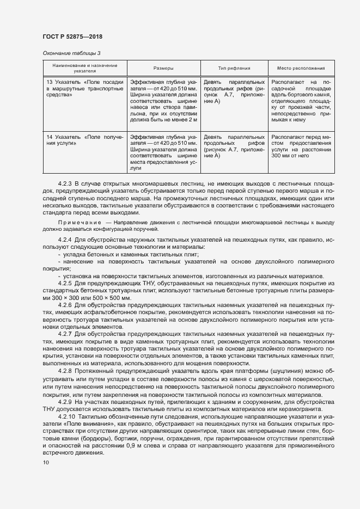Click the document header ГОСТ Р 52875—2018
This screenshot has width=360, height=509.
pyautogui.click(x=72, y=36)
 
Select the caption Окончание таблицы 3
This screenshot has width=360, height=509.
pyautogui.click(x=71, y=53)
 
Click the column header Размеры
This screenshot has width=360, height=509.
pyautogui.click(x=163, y=69)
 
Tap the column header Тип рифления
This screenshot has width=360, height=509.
pyautogui.click(x=234, y=69)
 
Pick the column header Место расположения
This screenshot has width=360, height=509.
pyautogui.click(x=301, y=69)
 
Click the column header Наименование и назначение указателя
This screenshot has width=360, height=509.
pyautogui.click(x=84, y=68)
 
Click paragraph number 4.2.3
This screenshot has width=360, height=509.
pyautogui.click(x=65, y=184)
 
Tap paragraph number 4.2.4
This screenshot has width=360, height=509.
pyautogui.click(x=65, y=240)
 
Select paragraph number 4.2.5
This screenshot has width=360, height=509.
pyautogui.click(x=65, y=284)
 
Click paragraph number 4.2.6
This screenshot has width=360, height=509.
pyautogui.click(x=65, y=305)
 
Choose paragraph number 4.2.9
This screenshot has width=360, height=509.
pyautogui.click(x=65, y=401)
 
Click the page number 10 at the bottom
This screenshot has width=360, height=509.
pyautogui.click(x=45, y=463)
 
